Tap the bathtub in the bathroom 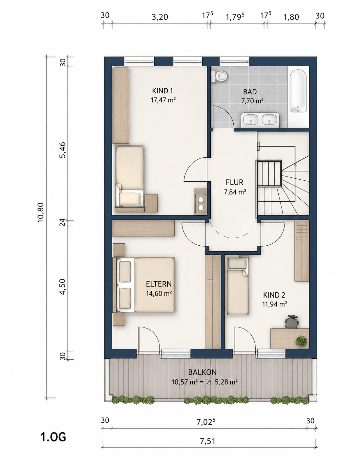pyautogui.click(x=298, y=91)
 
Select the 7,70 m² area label pyautogui.click(x=252, y=101)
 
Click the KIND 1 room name pyautogui.click(x=162, y=91)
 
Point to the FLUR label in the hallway pyautogui.click(x=235, y=182)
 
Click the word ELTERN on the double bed pyautogui.click(x=159, y=284)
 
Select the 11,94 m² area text pyautogui.click(x=275, y=304)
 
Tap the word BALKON pyautogui.click(x=202, y=372)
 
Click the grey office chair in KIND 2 pyautogui.click(x=292, y=322)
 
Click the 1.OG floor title pyautogui.click(x=53, y=437)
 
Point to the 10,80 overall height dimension pyautogui.click(x=41, y=213)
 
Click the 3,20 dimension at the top pyautogui.click(x=160, y=17)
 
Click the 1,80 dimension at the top pyautogui.click(x=291, y=17)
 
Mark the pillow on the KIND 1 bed pyautogui.click(x=130, y=199)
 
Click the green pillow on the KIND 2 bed pyautogui.click(x=237, y=263)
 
